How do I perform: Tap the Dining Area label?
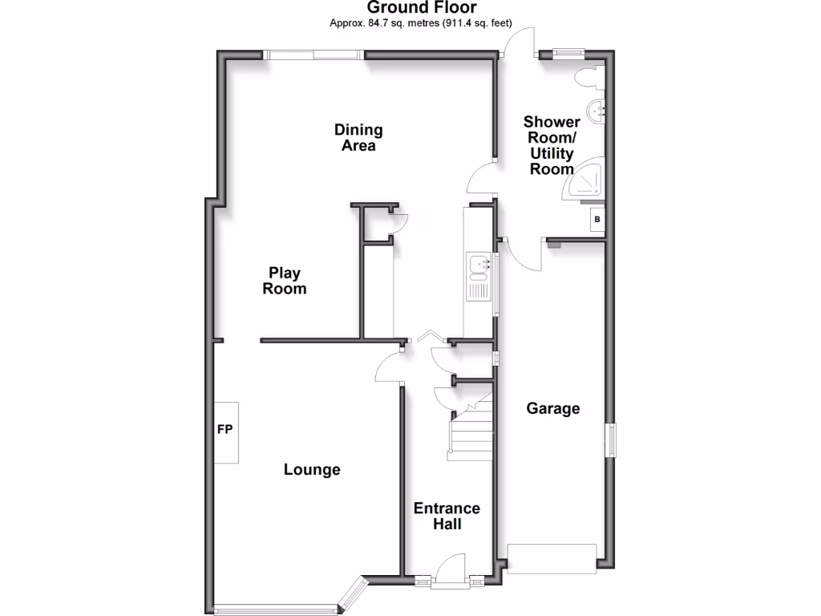358,137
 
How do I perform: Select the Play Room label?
285,281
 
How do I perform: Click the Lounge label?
312,470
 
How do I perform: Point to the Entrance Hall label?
447,516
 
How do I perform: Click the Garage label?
552,409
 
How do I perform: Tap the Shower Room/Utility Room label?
552,145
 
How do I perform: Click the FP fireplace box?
225,432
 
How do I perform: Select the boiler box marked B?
597,219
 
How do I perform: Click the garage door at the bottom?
552,558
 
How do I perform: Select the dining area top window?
314,55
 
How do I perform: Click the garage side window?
611,440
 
